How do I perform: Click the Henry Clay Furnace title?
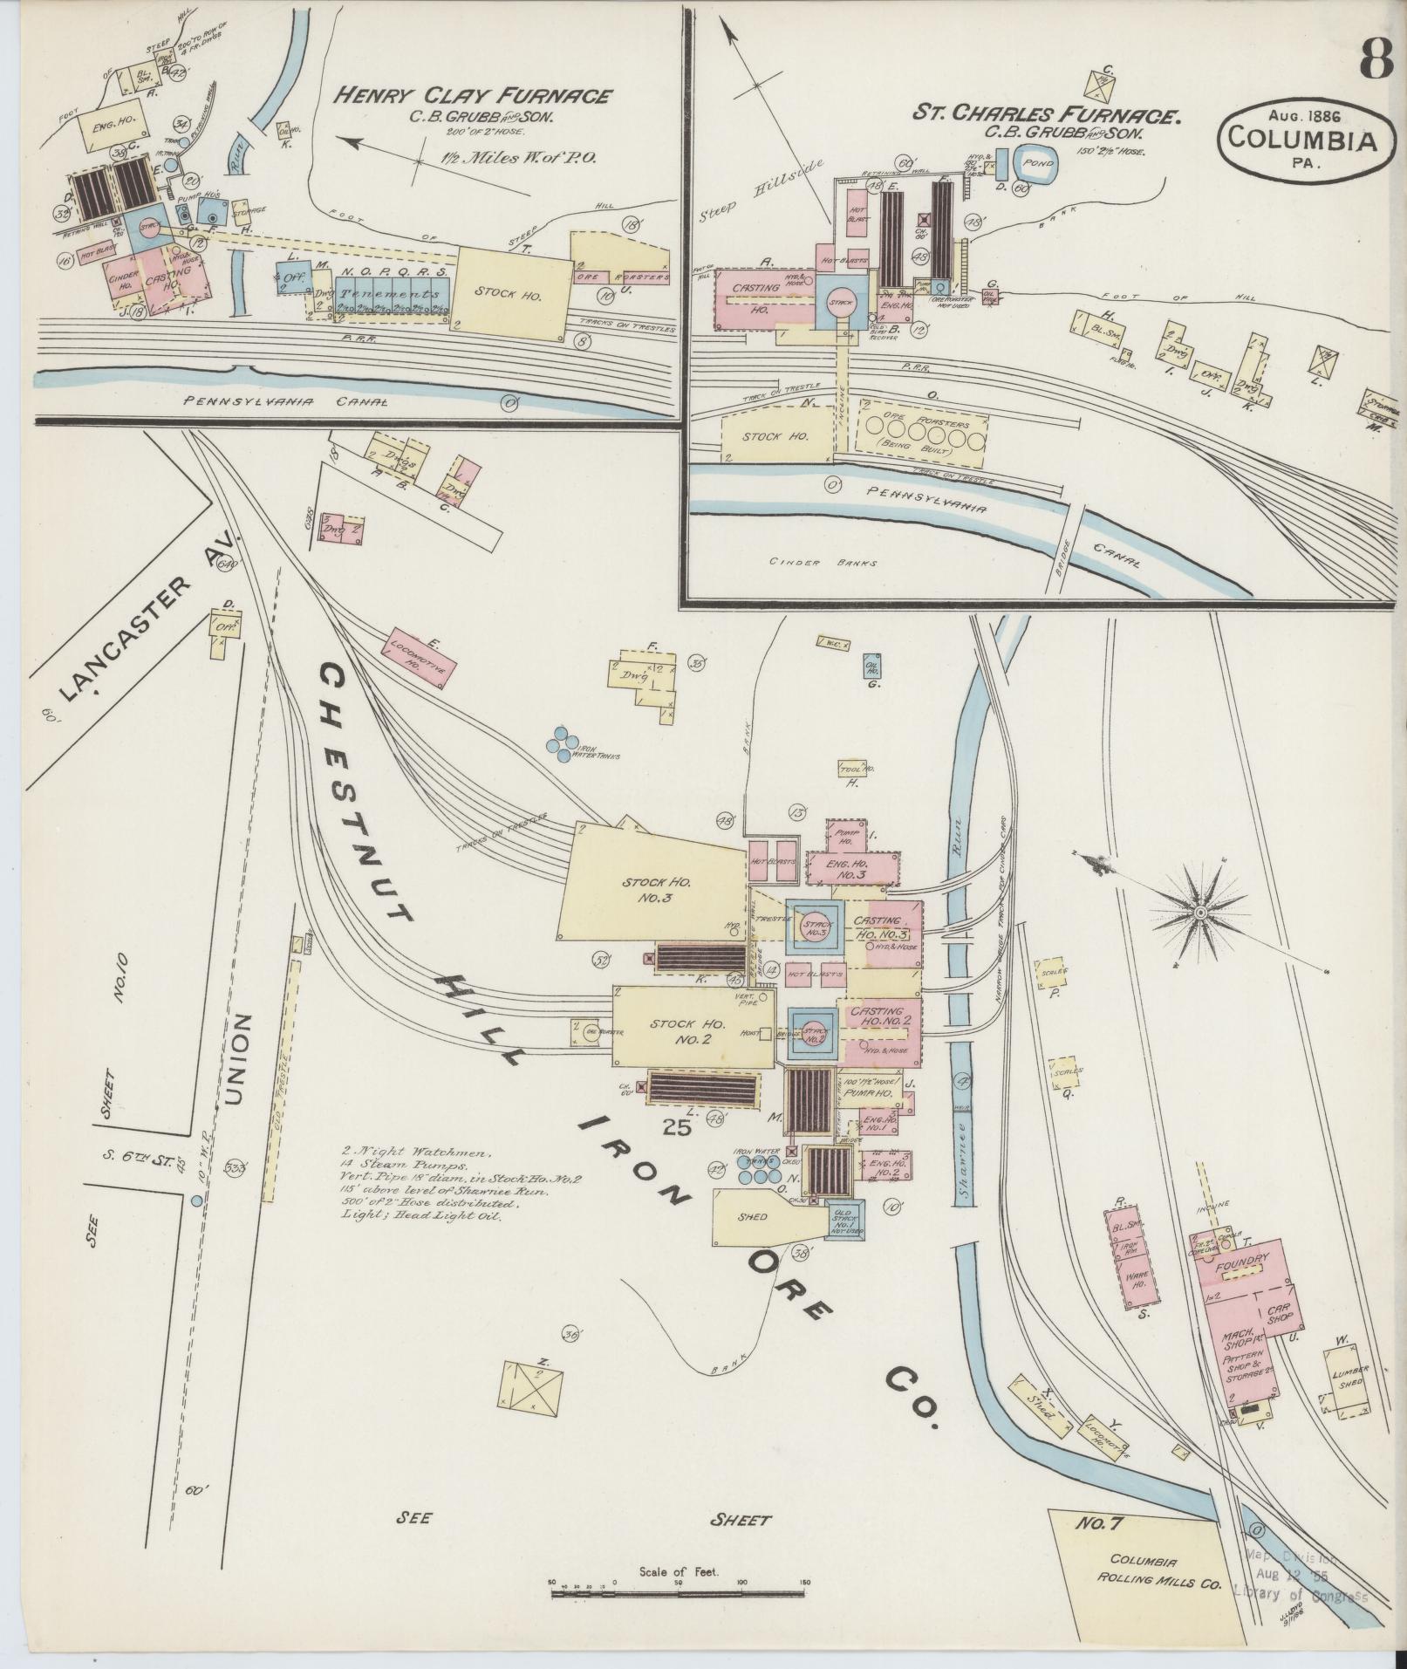tap(474, 96)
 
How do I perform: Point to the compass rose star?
tap(1201, 913)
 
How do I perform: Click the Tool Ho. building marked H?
tap(855, 769)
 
